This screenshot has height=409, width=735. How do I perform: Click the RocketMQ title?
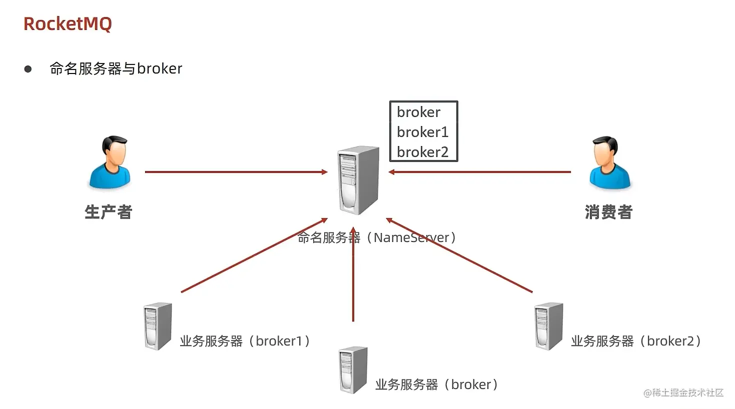(68, 24)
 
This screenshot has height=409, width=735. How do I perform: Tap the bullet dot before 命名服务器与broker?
(28, 69)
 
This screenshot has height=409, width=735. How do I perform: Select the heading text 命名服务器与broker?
(116, 68)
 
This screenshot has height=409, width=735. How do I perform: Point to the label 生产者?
(108, 212)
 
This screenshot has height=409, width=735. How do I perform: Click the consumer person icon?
(609, 162)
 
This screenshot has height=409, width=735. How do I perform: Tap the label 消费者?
(608, 212)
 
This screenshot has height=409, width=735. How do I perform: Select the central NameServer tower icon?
(358, 179)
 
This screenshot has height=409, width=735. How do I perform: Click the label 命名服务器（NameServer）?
(377, 237)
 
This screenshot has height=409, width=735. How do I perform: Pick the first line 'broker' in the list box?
(418, 112)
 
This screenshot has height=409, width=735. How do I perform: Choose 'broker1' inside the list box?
(422, 132)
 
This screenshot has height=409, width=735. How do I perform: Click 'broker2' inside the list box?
(422, 152)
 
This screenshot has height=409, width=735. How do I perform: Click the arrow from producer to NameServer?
(235, 172)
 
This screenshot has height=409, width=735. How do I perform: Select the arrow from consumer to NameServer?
(480, 172)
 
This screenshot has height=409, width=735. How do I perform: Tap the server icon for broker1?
(158, 326)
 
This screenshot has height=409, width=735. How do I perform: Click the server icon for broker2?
(549, 326)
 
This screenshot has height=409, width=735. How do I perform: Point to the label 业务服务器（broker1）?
(245, 341)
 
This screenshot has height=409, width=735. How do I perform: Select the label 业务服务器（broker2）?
(636, 341)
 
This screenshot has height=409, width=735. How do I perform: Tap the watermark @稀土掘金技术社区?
(683, 392)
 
